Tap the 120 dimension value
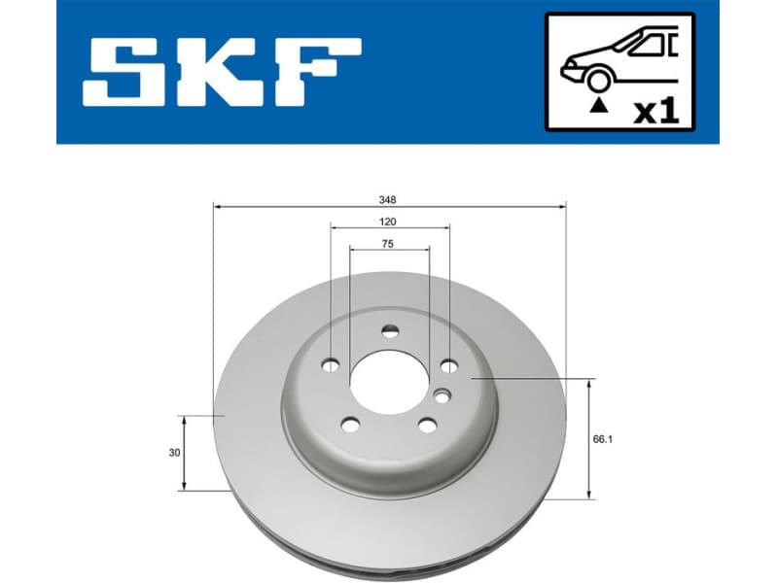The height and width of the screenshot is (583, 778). coord(389,222)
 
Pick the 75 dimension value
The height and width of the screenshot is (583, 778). coord(388,244)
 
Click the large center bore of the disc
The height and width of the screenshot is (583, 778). coord(388,380)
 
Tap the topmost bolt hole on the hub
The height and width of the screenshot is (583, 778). coord(390,331)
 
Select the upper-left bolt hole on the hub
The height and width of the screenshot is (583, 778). coord(331,365)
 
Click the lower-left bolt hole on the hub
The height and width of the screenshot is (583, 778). coord(349,425)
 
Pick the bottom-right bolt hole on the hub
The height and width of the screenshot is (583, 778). coord(426,424)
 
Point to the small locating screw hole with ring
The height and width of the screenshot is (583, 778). coord(442,395)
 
